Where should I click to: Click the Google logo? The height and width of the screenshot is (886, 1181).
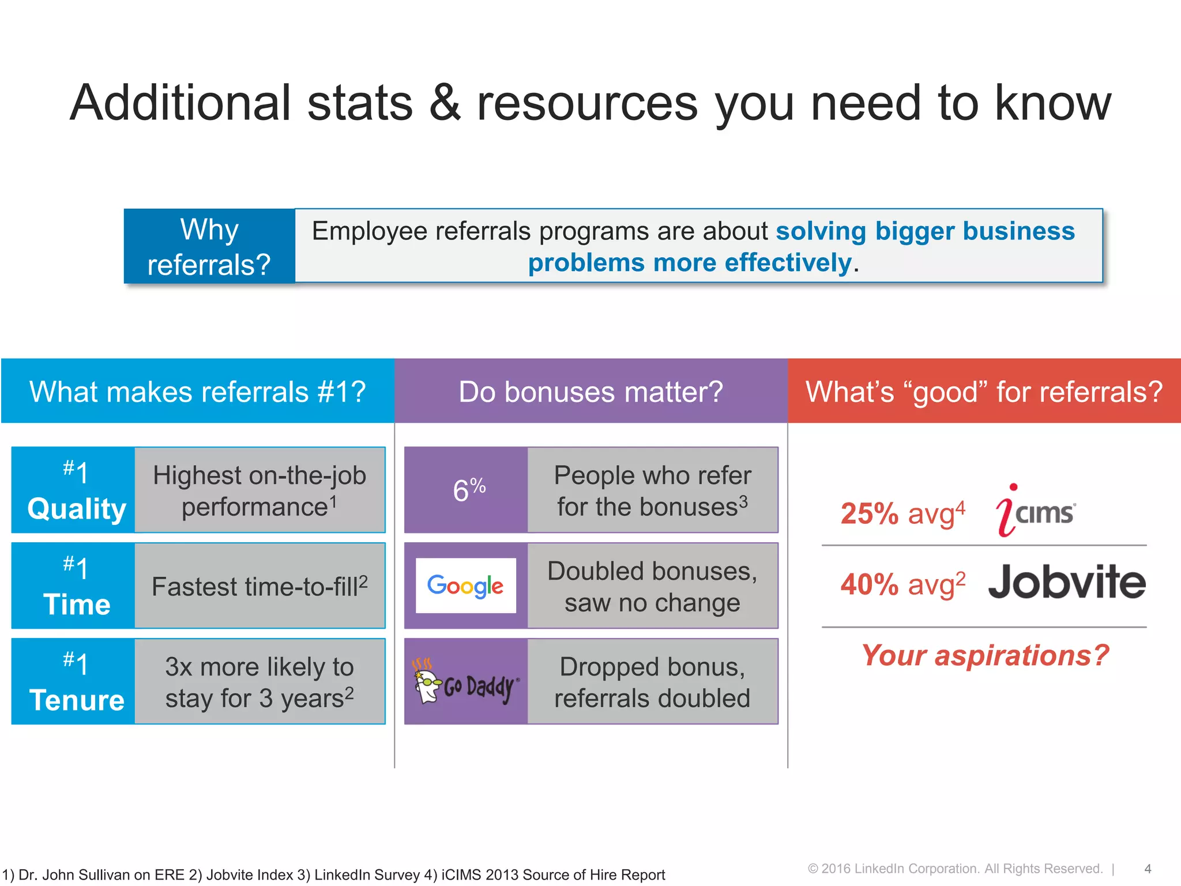[x=465, y=585]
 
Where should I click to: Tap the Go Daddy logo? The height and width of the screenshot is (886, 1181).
[x=466, y=682]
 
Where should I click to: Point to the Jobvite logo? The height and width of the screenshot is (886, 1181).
[x=1067, y=583]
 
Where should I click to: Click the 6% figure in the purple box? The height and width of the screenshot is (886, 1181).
[x=468, y=490]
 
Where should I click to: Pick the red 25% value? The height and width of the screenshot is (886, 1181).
[x=869, y=513]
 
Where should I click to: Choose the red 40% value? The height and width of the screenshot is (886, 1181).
[x=869, y=584]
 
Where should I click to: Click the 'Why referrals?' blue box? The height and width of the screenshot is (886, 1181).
[x=209, y=246]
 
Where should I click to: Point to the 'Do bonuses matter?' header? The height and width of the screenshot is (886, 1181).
[x=590, y=392]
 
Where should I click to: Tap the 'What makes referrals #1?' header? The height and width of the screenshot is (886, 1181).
[x=197, y=392]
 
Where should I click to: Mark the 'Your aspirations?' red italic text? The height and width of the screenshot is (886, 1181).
[x=985, y=655]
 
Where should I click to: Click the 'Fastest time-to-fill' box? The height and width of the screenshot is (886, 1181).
[x=259, y=586]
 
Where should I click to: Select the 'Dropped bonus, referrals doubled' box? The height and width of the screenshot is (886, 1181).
[x=652, y=682]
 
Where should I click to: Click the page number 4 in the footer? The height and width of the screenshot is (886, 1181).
[x=1148, y=869]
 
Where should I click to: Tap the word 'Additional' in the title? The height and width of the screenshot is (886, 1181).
[x=180, y=104]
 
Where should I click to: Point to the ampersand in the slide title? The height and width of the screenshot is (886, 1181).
[x=445, y=104]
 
